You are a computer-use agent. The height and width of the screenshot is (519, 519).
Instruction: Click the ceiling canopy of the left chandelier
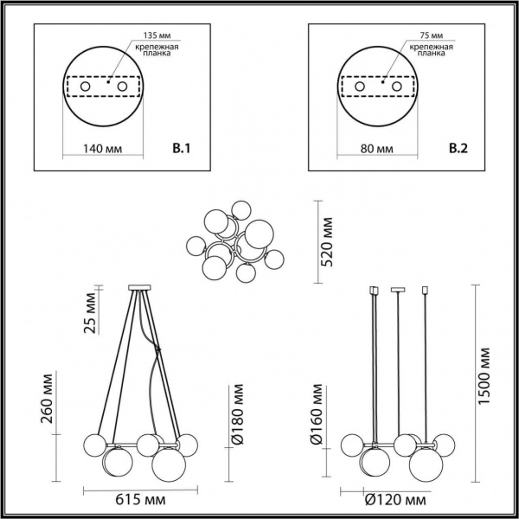click(x=139, y=287)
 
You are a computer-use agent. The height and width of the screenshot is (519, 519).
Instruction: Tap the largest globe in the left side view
click(x=169, y=467)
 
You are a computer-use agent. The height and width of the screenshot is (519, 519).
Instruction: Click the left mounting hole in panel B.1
click(x=86, y=87)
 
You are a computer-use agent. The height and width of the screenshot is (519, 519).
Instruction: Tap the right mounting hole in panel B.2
click(x=397, y=87)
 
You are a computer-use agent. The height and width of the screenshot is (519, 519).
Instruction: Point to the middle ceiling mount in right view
click(x=399, y=288)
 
